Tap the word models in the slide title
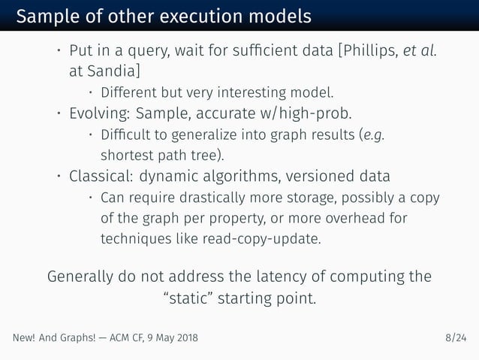coord(276,16)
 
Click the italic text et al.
coord(423,52)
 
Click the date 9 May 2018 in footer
coord(170,339)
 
